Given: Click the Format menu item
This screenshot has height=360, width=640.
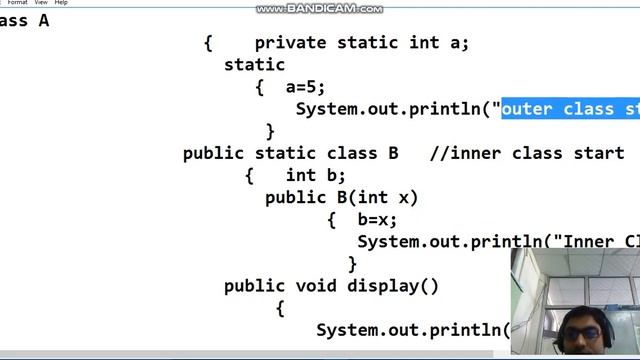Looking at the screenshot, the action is tap(17, 3).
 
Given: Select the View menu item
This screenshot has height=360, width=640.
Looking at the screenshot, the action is tap(41, 3).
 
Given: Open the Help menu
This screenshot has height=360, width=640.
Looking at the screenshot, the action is tap(61, 3).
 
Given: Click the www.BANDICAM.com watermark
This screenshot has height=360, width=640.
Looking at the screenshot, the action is tap(319, 9).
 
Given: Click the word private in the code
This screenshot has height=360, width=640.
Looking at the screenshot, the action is tap(290, 43).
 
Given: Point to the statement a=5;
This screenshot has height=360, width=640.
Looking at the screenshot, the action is tap(305, 87).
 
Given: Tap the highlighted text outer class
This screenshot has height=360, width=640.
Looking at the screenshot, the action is tap(555, 109).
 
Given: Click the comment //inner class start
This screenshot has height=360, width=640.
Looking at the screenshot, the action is tap(526, 153).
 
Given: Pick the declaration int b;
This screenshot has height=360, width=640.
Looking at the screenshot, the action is tap(315, 175).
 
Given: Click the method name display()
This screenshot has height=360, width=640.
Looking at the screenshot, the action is tap(393, 286).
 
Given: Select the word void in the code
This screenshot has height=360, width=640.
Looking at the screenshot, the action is tap(316, 286).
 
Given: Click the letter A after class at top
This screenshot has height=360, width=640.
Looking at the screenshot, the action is tap(43, 20).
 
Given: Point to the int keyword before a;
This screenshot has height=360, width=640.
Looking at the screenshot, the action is tap(424, 43).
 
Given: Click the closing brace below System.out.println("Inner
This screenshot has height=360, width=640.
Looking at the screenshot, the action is tap(352, 264).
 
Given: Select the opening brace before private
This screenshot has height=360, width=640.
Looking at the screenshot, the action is tap(208, 43).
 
